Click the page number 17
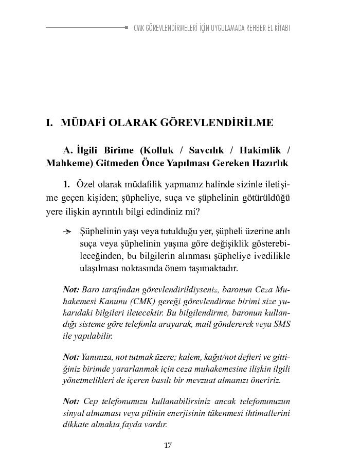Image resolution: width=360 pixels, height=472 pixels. click(x=168, y=445)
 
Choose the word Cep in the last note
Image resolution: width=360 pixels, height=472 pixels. click(x=91, y=401)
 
